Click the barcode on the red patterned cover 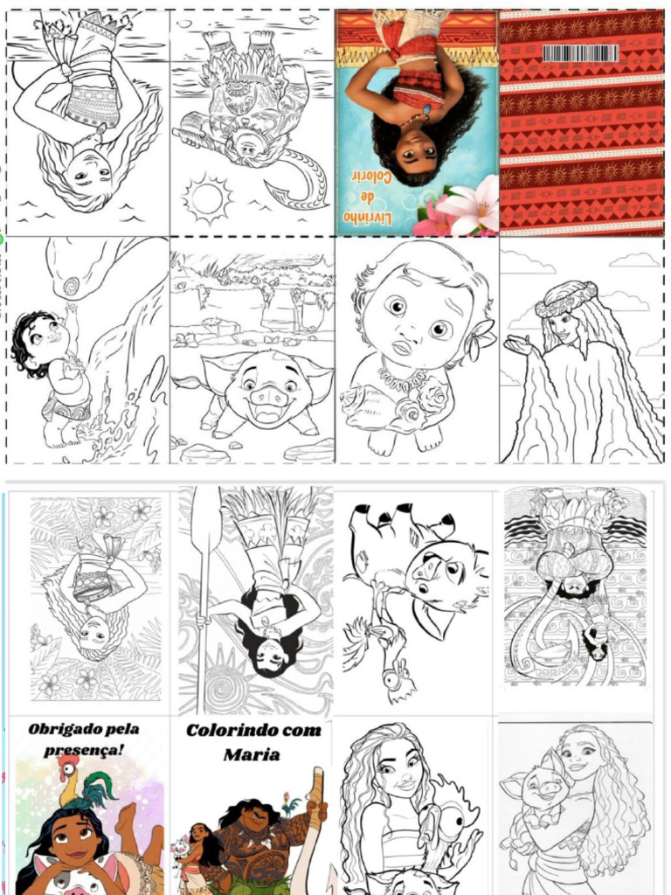click(580, 53)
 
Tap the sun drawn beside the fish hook click(206, 199)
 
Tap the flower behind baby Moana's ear click(481, 339)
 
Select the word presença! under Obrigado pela click(83, 750)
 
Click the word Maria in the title click(251, 754)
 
